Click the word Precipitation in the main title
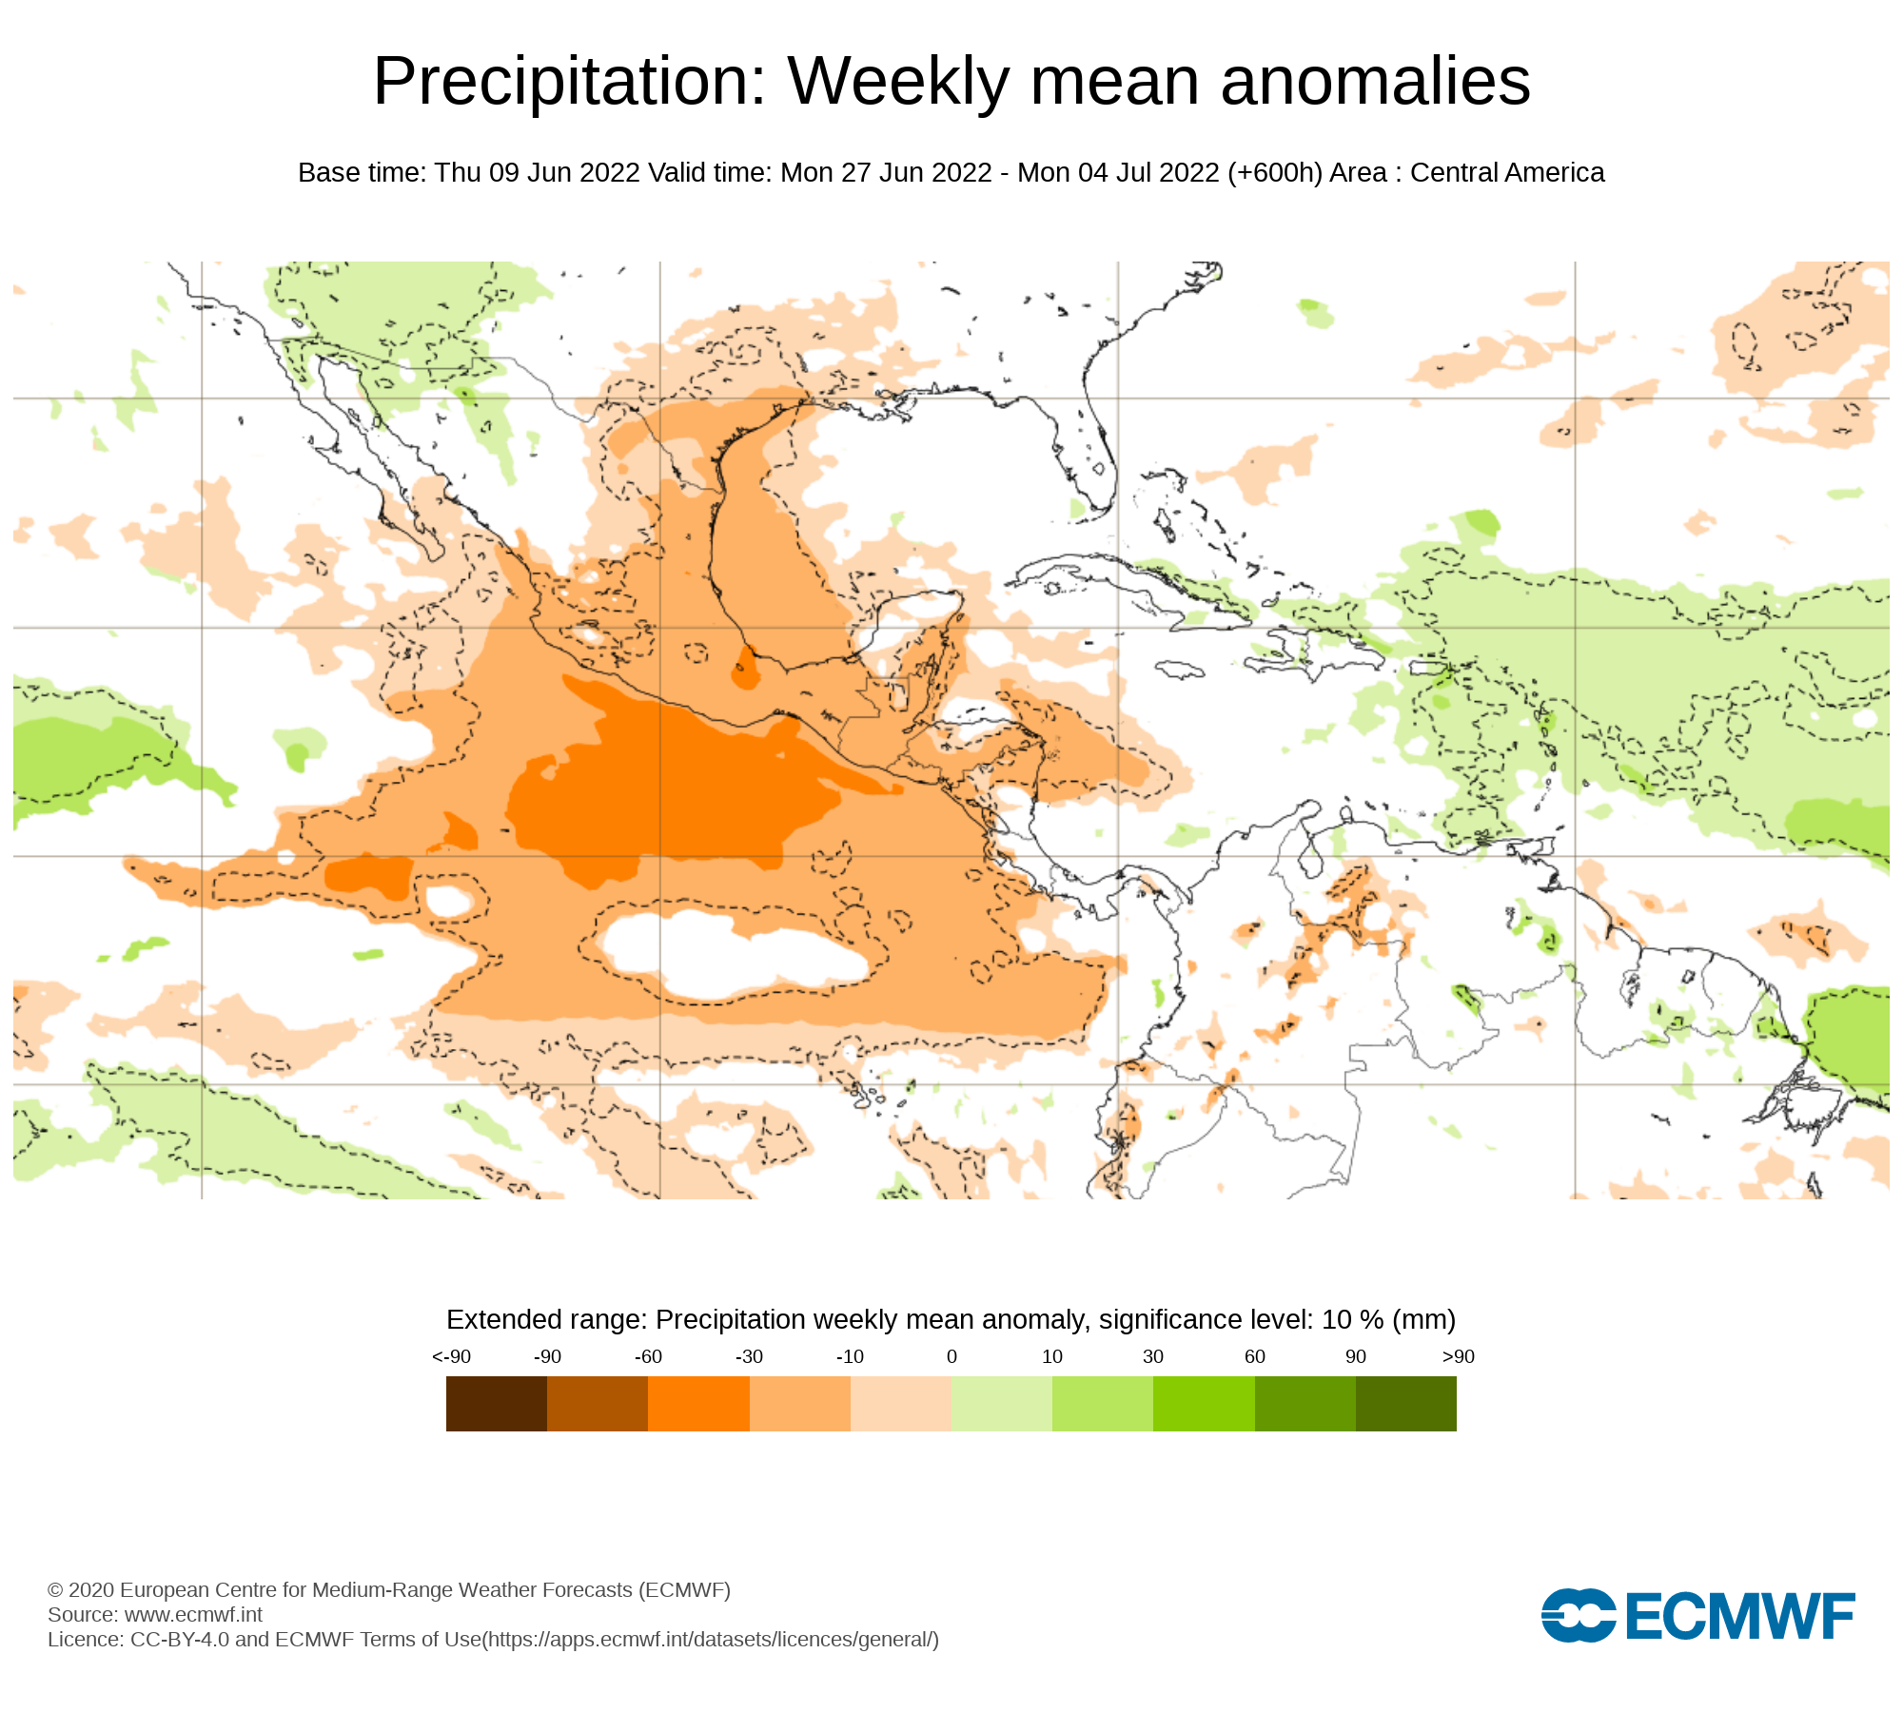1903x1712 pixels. coord(569,82)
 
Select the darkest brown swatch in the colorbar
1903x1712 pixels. coord(496,1403)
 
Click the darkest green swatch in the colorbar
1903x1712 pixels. coord(1405,1403)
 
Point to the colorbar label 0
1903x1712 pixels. coord(951,1357)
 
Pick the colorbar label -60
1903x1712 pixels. coord(648,1357)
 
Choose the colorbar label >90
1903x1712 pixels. coord(1458,1357)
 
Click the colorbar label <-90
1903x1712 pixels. coord(451,1357)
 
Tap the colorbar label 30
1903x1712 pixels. coord(1153,1357)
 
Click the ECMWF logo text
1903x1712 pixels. coord(1739,1616)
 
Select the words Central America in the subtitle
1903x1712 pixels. coord(1507,173)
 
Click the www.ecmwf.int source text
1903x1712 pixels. coord(193,1614)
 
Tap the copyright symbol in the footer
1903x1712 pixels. coord(55,1590)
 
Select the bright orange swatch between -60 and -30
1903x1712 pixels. coord(698,1403)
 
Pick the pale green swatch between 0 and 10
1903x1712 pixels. coord(1001,1403)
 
